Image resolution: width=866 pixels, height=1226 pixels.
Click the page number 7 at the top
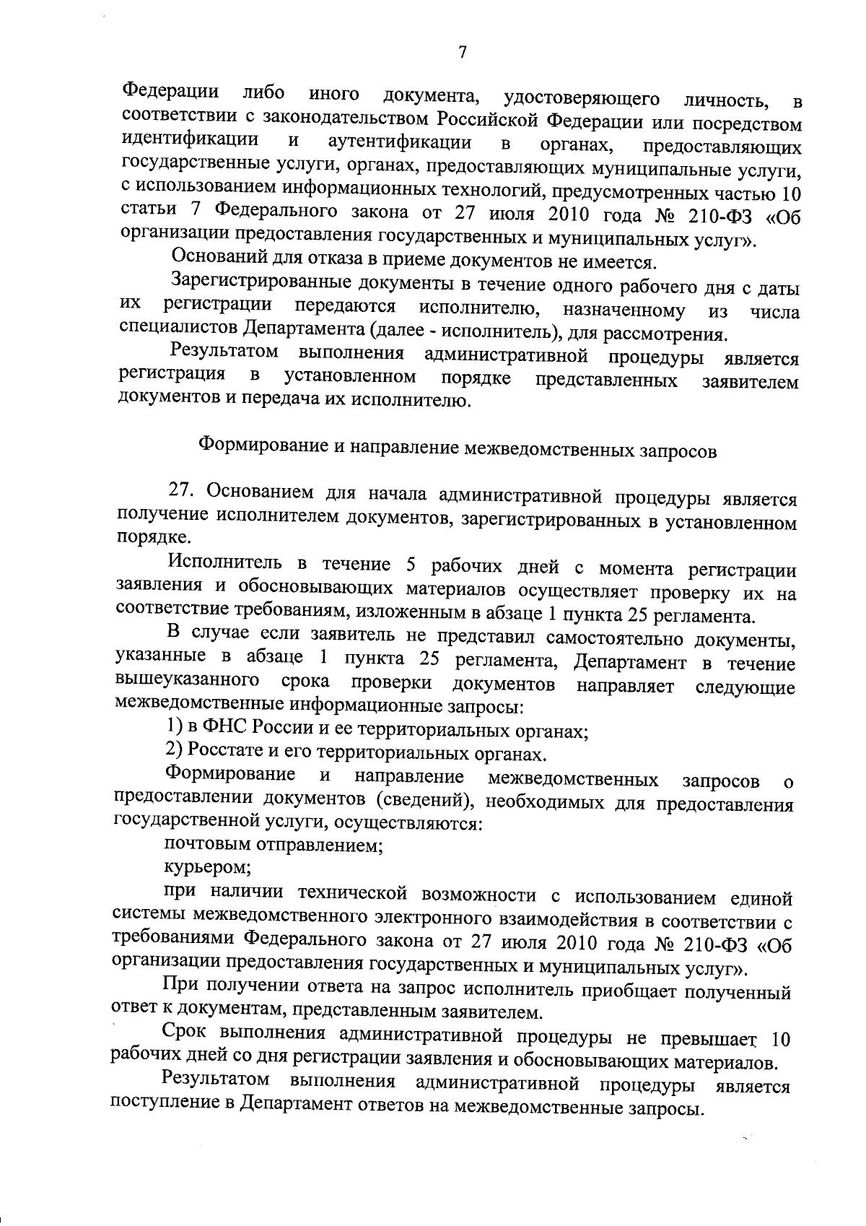pos(463,53)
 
